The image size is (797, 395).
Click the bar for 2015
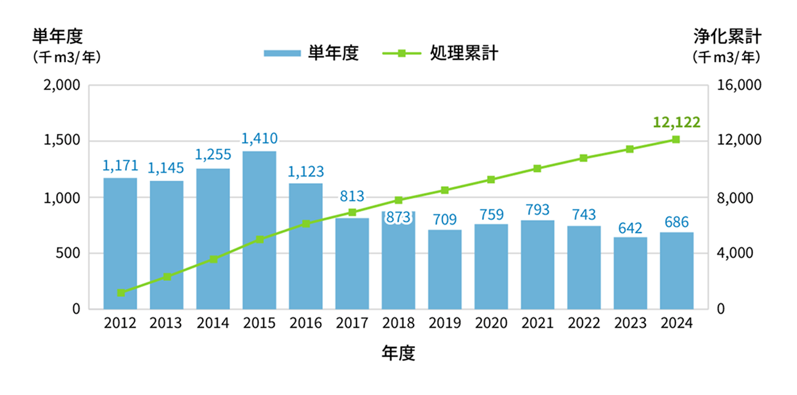[259, 230]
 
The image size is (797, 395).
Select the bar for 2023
[630, 273]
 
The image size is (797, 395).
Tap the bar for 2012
[120, 243]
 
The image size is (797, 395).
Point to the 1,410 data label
[259, 139]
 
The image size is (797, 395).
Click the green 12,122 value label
[676, 122]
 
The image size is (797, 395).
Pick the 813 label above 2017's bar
[352, 197]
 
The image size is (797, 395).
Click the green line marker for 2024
[676, 139]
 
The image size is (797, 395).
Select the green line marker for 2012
[121, 293]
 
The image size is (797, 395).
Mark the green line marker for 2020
[491, 180]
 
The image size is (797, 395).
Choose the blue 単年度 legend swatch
[281, 54]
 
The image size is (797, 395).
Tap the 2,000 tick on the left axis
[62, 85]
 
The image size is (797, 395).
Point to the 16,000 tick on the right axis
[740, 85]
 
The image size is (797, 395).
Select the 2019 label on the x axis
[445, 323]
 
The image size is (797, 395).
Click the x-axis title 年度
[398, 353]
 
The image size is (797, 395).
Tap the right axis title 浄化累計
[727, 37]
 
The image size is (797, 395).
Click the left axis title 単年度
[57, 37]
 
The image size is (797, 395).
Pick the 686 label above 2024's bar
[676, 222]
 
